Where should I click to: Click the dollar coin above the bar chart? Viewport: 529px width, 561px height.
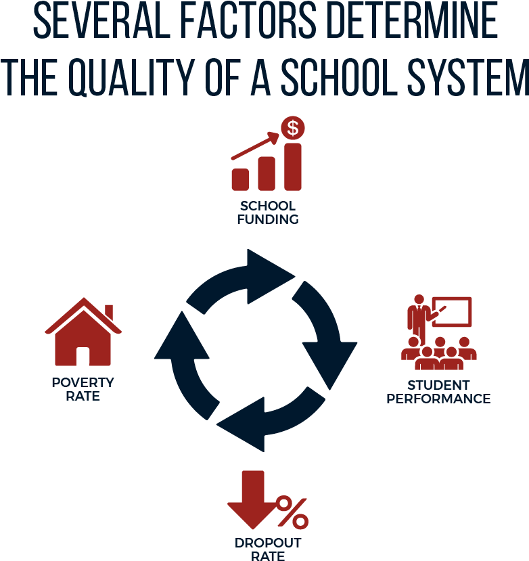tap(292, 127)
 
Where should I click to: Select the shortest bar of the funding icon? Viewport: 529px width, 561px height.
tap(241, 179)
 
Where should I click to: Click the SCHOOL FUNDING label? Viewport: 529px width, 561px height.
tap(267, 212)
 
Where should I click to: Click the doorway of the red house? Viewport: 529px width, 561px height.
tap(83, 357)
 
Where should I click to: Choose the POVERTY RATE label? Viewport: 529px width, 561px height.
tap(83, 389)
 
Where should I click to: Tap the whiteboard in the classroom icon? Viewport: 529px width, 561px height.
tap(451, 311)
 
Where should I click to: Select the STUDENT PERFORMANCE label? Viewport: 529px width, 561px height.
tap(438, 392)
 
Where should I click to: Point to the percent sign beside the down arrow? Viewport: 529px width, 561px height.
tap(292, 512)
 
